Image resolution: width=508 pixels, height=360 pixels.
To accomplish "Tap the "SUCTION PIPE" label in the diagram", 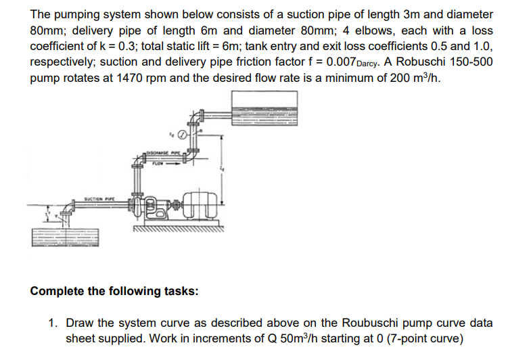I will coord(99,198).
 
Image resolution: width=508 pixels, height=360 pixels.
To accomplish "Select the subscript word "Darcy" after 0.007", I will coord(375,64).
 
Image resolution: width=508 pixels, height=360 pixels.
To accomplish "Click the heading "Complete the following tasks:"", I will coord(114,292).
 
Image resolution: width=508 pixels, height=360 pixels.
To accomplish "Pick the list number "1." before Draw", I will coord(54,323).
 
